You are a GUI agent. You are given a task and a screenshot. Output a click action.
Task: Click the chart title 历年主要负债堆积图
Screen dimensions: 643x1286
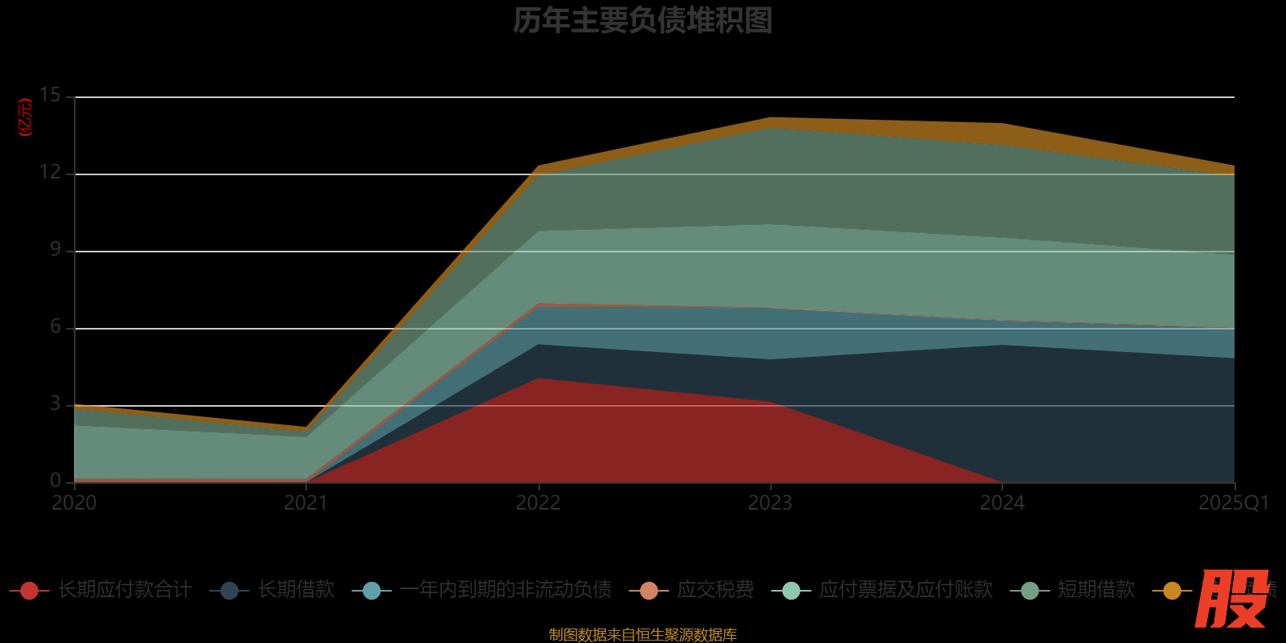coord(642,21)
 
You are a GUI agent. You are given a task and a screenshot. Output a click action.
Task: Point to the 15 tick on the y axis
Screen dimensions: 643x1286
coord(50,96)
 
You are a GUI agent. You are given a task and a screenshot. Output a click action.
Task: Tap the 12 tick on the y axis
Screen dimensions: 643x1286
coord(50,173)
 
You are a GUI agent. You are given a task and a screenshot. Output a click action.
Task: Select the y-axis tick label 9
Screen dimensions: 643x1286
coord(55,250)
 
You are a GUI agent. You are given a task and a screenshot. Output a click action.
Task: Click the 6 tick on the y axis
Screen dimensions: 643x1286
coord(55,327)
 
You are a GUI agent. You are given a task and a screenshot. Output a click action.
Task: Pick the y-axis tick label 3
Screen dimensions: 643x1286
coord(55,404)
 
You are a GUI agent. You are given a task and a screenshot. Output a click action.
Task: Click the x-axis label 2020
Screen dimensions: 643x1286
coord(74,503)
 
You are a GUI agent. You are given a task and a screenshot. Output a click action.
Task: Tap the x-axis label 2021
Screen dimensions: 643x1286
coord(306,503)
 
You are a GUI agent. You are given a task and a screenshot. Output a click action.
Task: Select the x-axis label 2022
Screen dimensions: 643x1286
coord(538,503)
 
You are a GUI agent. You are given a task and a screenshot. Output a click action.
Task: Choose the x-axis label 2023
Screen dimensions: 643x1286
coord(770,503)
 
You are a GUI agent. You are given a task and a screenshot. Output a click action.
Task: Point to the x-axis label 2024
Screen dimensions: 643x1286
coord(1002,503)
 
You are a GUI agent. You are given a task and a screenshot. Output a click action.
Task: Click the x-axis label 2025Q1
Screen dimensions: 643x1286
coord(1233,503)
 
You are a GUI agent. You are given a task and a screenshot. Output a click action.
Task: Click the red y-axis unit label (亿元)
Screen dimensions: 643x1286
coord(26,117)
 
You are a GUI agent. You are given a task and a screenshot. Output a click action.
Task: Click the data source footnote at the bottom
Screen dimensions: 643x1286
coord(642,635)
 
